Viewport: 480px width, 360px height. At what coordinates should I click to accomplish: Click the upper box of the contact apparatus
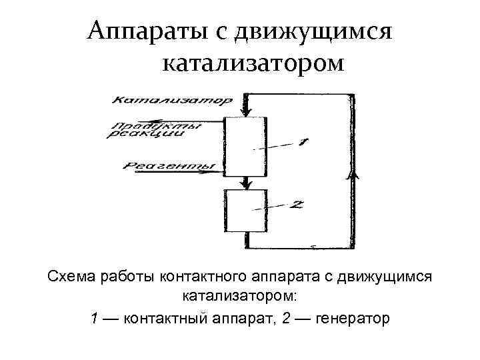point(246,146)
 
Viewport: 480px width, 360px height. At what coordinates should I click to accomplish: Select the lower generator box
point(246,211)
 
